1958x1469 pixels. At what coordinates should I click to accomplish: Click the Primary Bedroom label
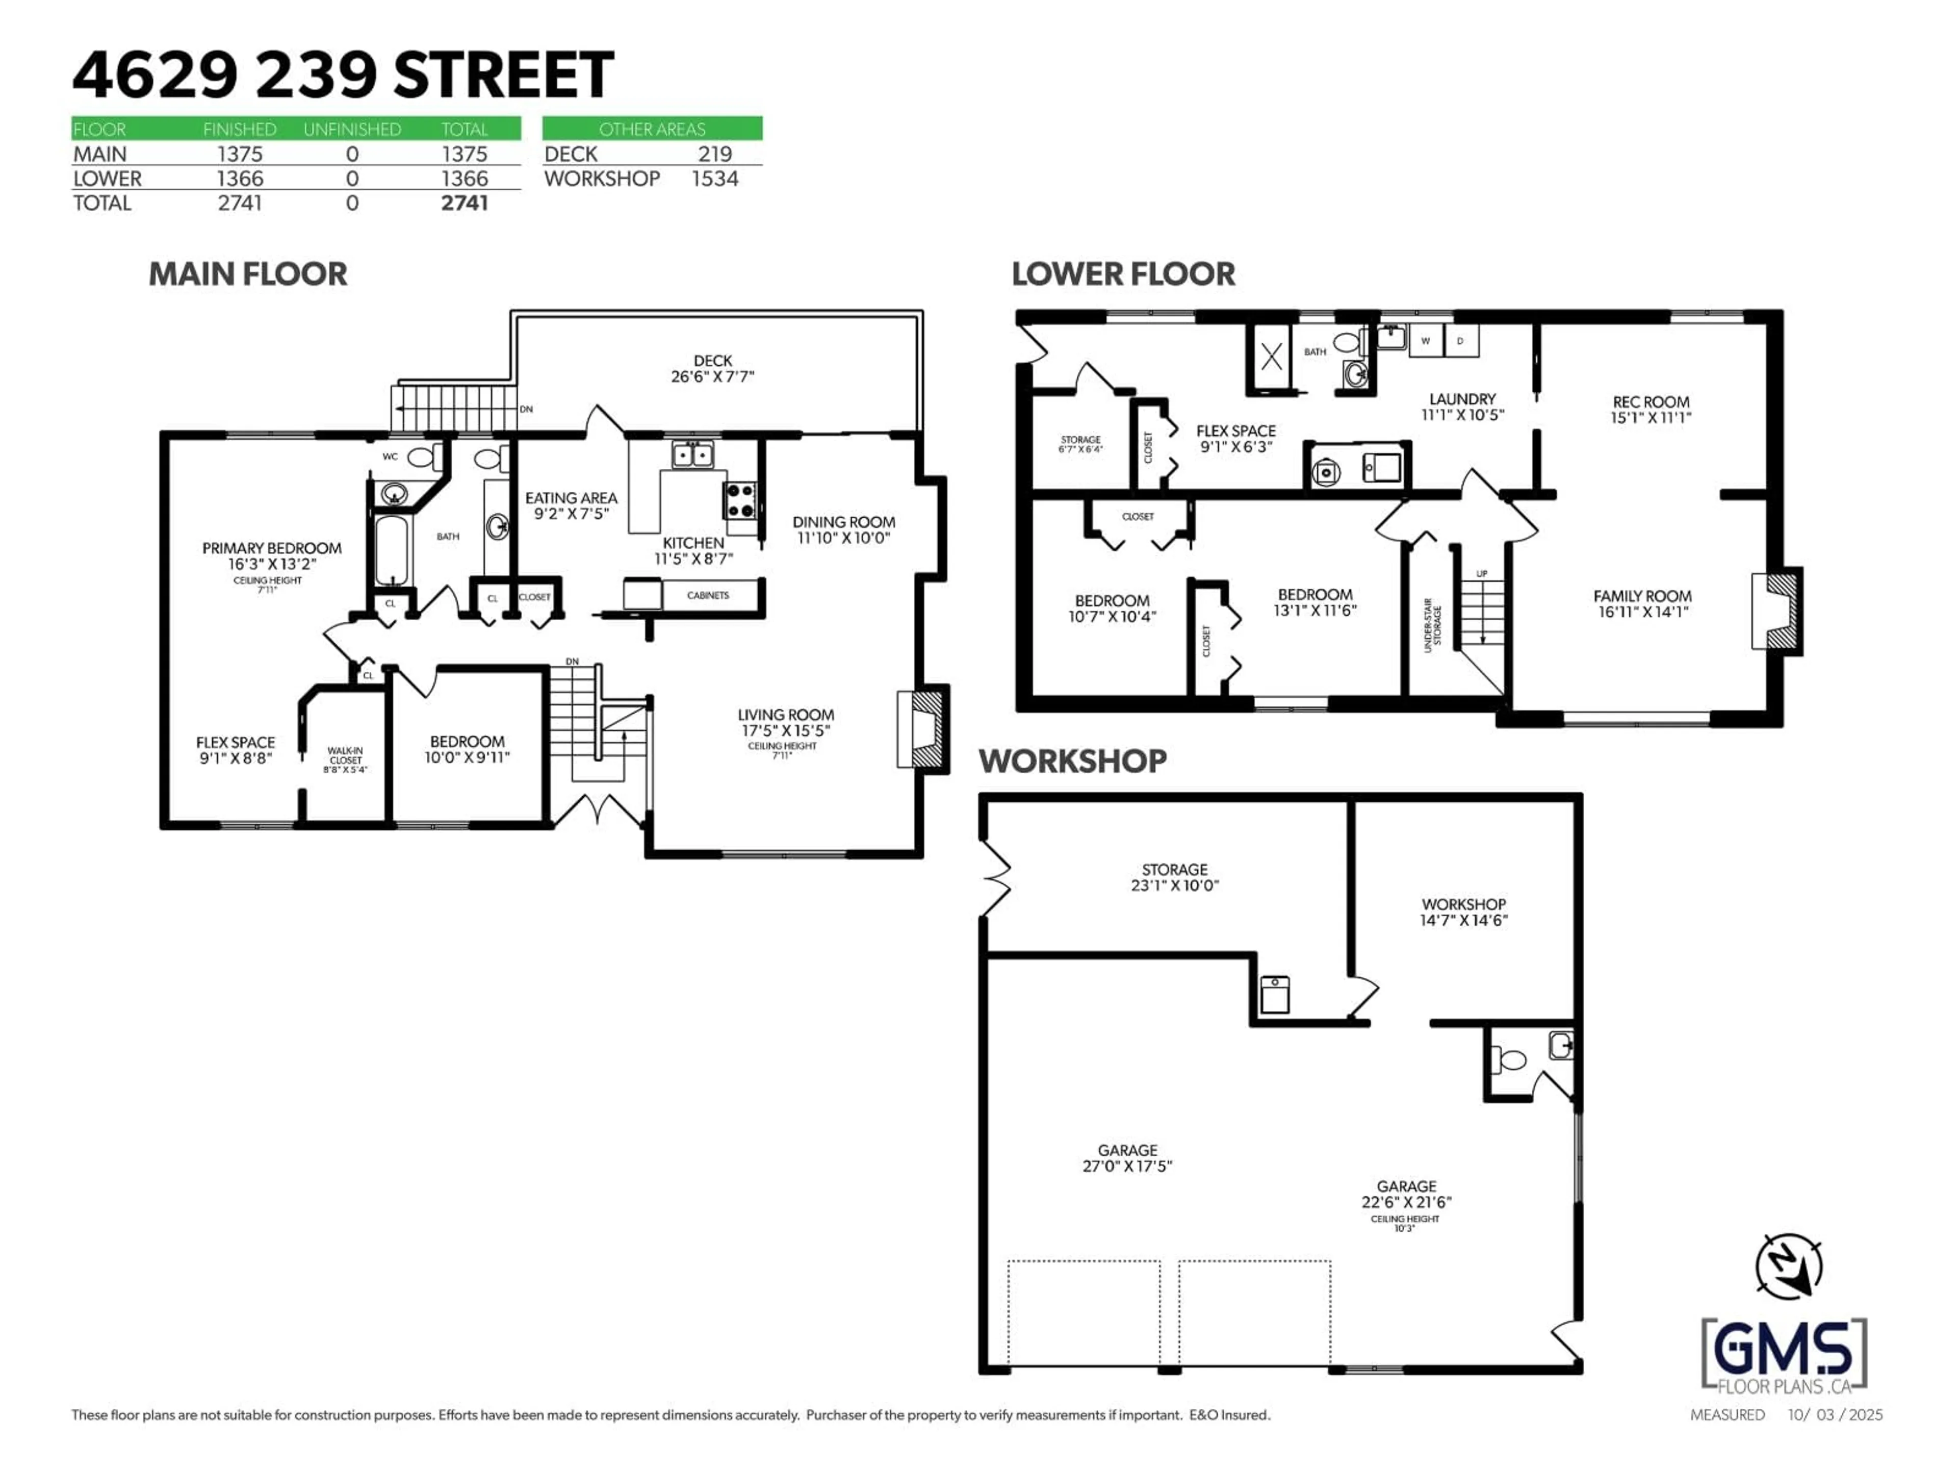point(272,548)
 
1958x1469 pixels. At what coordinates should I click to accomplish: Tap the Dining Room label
point(843,522)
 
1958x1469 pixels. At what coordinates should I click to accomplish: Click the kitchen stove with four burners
point(740,500)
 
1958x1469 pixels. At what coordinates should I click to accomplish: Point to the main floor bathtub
point(391,550)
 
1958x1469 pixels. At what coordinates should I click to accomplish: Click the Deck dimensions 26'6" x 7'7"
point(712,376)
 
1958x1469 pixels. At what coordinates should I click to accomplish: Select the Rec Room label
point(1651,402)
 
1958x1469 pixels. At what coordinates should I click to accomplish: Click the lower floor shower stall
point(1271,357)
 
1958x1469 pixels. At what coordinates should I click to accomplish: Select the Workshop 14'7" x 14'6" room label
point(1464,912)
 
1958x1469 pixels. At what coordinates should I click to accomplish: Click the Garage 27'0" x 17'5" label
point(1128,1158)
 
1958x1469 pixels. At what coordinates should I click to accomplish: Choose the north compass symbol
point(1789,1266)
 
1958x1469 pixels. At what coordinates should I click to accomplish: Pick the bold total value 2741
point(465,203)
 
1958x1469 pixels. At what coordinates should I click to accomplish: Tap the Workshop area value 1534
point(715,179)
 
